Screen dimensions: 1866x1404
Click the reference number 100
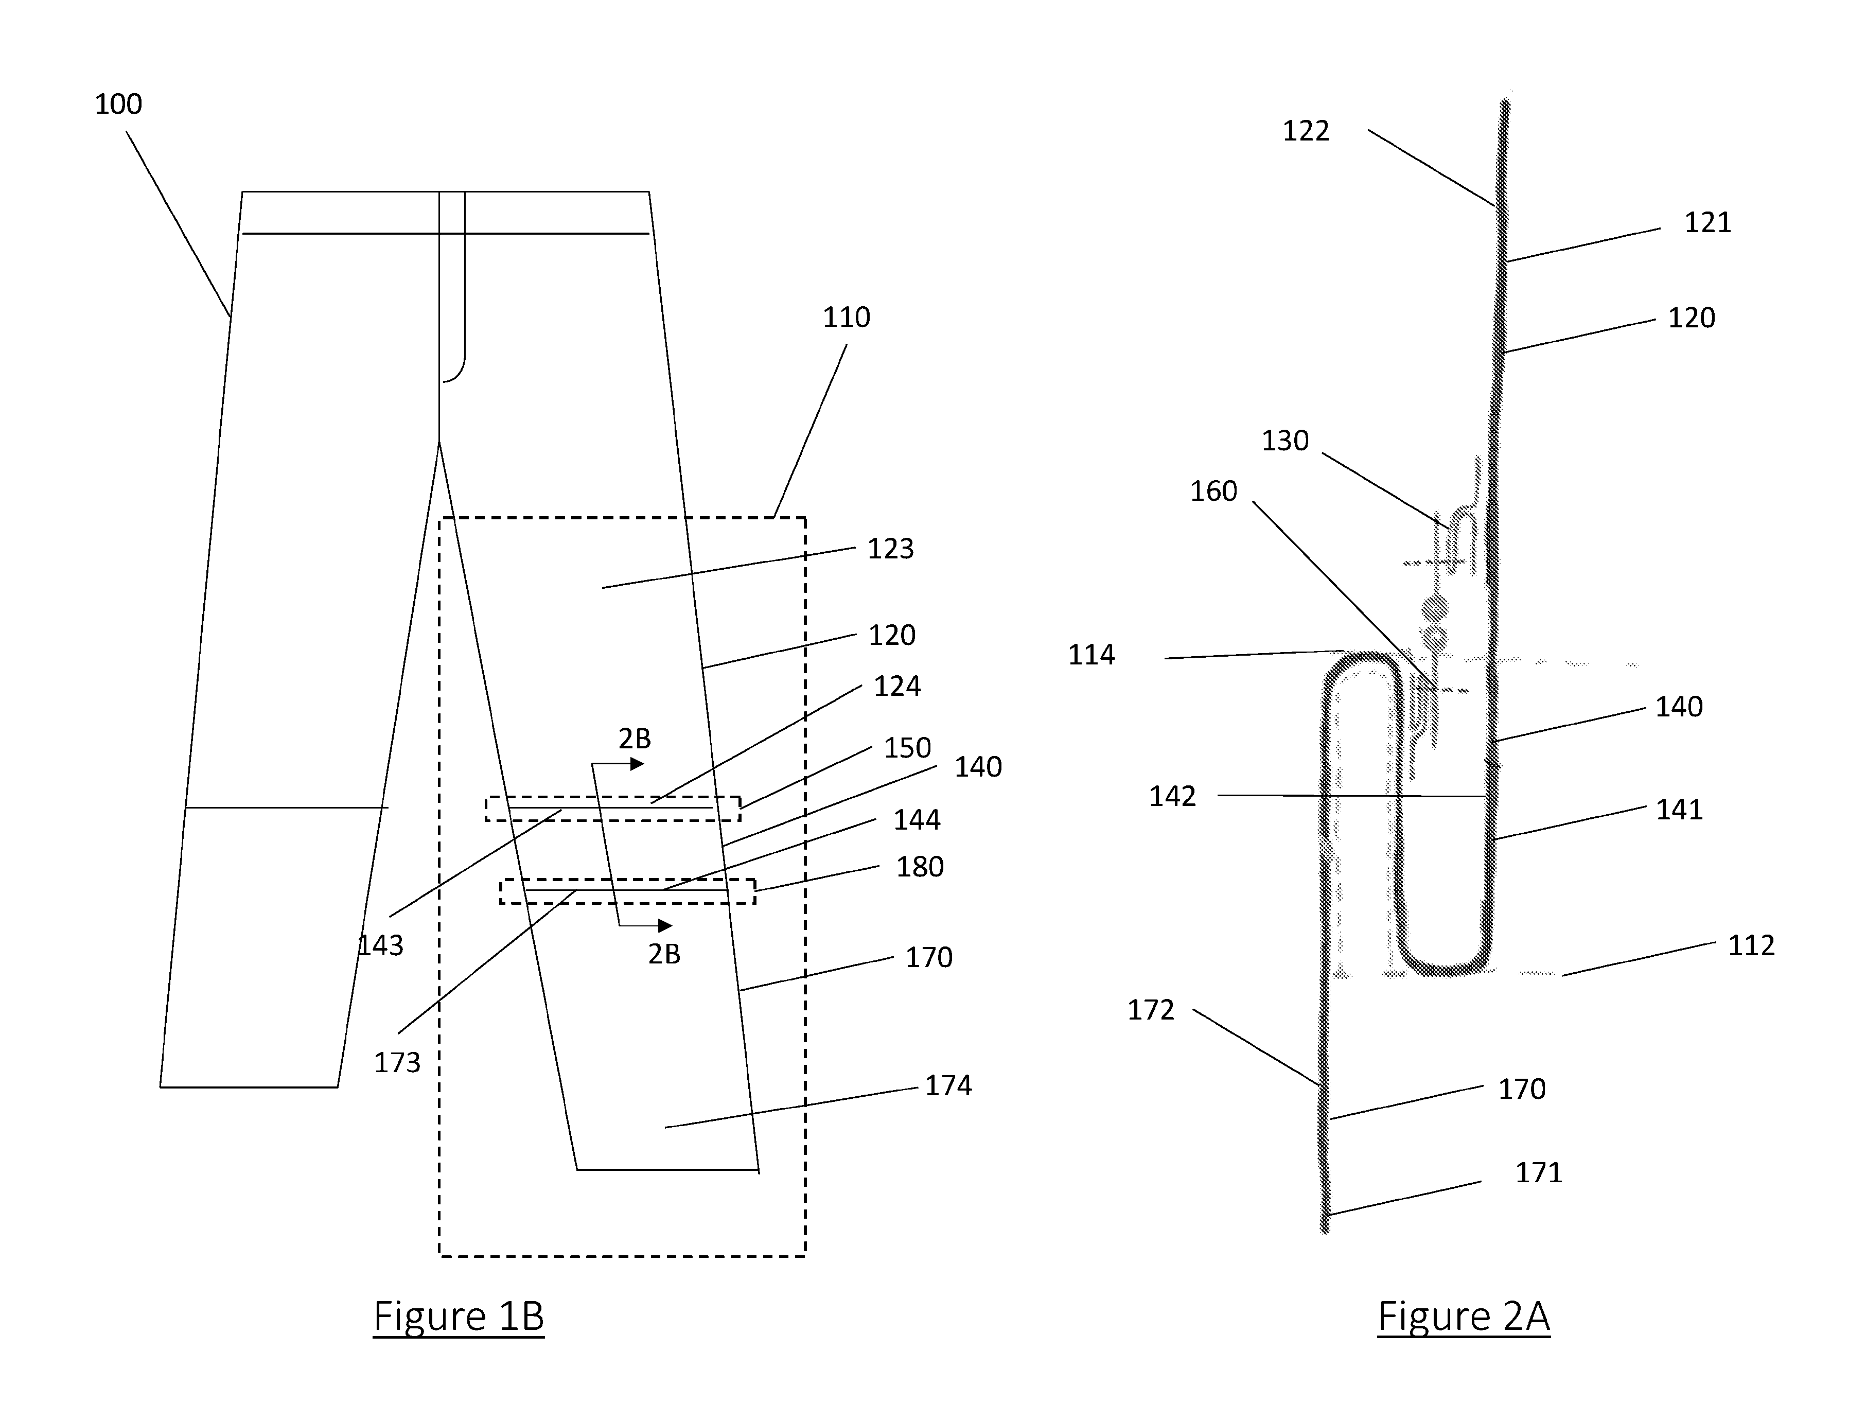(118, 104)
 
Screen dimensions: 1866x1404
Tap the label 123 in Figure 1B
(891, 549)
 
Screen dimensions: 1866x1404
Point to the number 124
(897, 686)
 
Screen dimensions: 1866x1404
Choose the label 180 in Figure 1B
(920, 867)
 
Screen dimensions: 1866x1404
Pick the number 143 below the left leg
(380, 946)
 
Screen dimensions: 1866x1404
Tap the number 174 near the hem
(949, 1086)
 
